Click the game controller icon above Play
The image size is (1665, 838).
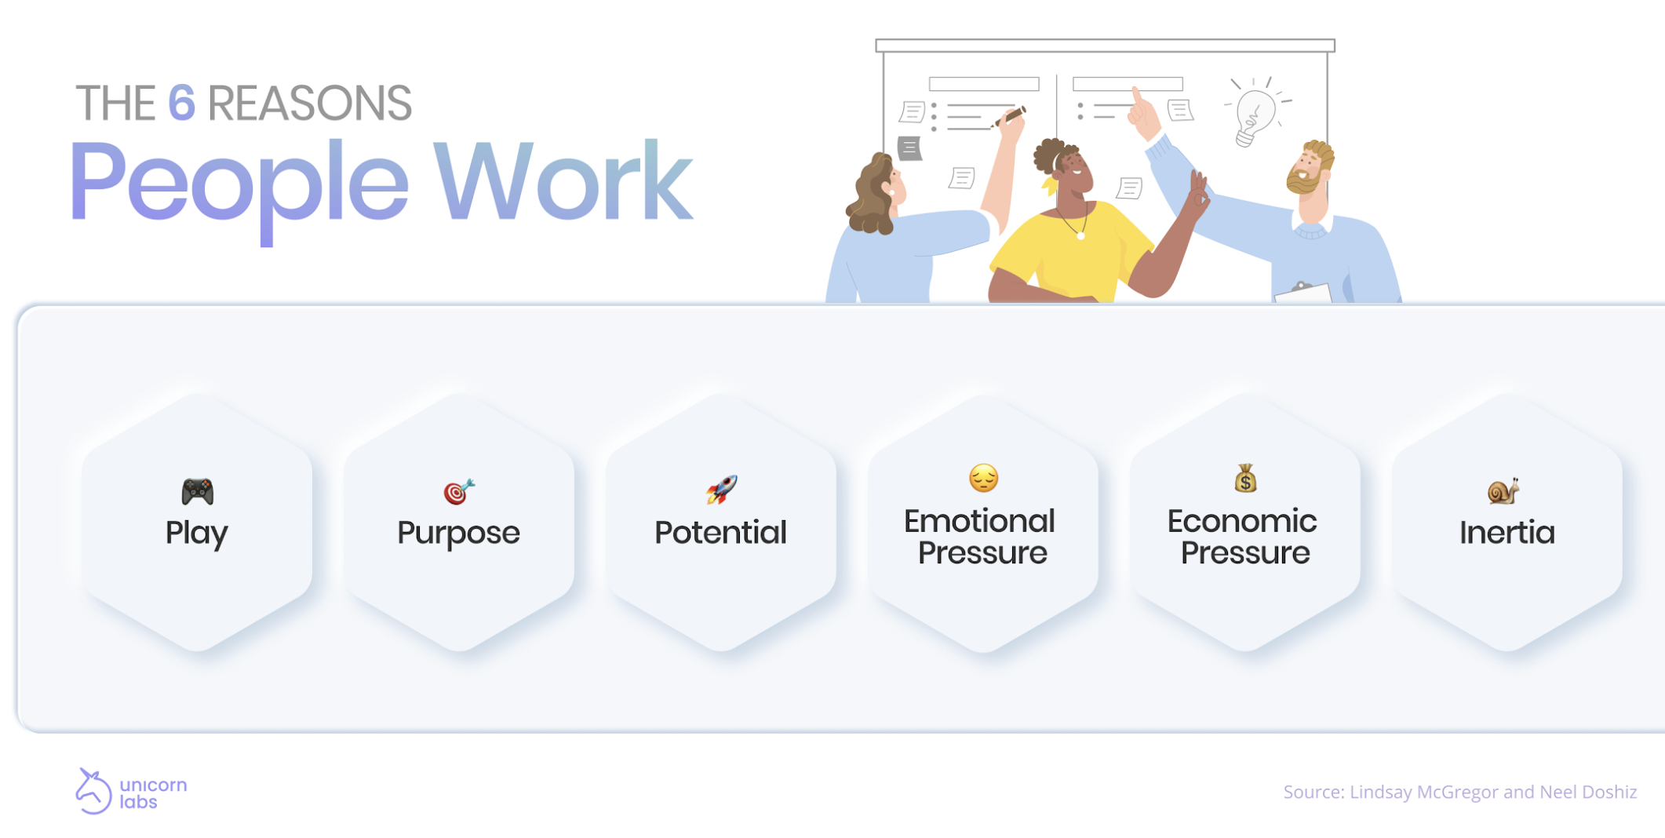click(x=197, y=492)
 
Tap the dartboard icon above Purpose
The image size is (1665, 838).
click(x=459, y=492)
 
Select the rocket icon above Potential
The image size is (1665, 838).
click(x=721, y=490)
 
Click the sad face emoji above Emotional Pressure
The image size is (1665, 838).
click(x=983, y=478)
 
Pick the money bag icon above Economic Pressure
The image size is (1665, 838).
click(x=1245, y=478)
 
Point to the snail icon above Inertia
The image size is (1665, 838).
click(x=1503, y=491)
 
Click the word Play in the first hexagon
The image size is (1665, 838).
click(x=196, y=533)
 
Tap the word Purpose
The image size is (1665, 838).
click(x=458, y=533)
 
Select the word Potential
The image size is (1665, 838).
click(x=720, y=533)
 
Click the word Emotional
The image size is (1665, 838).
click(x=979, y=521)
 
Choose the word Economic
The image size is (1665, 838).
click(x=1242, y=521)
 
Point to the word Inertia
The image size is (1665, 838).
click(x=1507, y=533)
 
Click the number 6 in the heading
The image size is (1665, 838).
click(x=181, y=103)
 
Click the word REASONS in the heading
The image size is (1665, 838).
click(x=309, y=103)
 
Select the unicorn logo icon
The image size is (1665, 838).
click(x=93, y=791)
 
